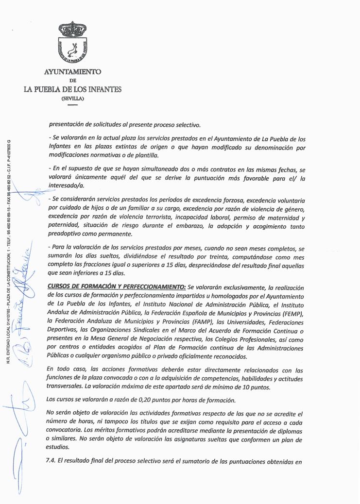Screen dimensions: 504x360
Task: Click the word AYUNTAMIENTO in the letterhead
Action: [72, 72]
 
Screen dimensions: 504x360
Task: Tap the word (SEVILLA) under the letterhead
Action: [72, 98]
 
